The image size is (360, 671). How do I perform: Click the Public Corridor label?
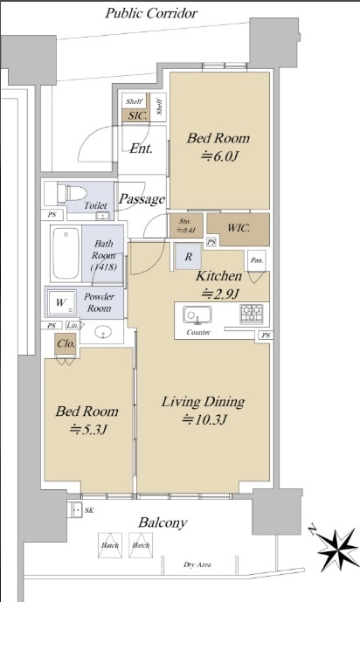coord(150,13)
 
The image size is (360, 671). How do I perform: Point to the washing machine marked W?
coord(60,303)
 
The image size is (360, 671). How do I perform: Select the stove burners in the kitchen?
coord(253,312)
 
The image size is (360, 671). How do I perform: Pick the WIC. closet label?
coord(239,229)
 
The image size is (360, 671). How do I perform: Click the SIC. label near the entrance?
coord(137,114)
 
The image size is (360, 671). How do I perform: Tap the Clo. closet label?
coord(66,344)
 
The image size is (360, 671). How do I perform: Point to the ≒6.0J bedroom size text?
coord(218,158)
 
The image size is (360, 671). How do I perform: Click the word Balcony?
coord(162,522)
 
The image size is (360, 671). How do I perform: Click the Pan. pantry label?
coord(257,259)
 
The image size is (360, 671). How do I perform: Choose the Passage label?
coord(142,199)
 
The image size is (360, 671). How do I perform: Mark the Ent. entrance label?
coord(141,149)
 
